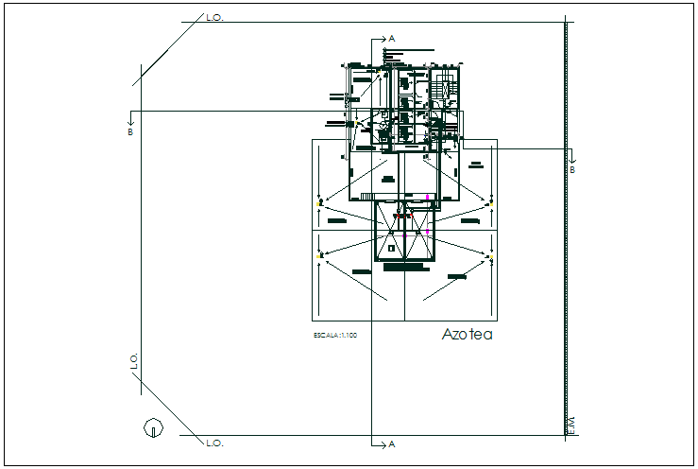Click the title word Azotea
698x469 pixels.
(x=468, y=335)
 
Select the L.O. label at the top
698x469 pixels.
(x=214, y=17)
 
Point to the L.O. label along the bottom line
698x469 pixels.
(x=214, y=442)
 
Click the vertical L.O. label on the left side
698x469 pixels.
(x=134, y=360)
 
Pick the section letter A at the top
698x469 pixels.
(x=391, y=39)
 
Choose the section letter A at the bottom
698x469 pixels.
(x=391, y=443)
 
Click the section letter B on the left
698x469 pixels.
(x=130, y=131)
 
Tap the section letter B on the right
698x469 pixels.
(x=572, y=170)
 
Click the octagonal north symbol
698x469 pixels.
(x=150, y=427)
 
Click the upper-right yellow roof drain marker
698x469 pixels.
(x=490, y=200)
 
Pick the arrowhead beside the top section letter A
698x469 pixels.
(x=380, y=39)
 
